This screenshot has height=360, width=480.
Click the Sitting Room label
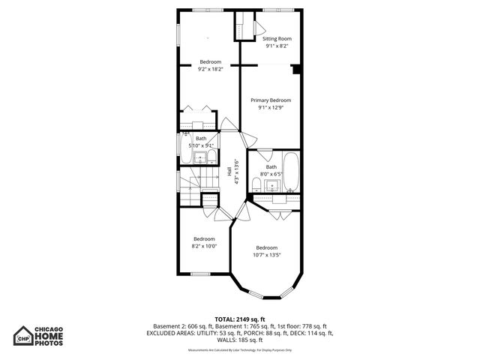[x=277, y=38]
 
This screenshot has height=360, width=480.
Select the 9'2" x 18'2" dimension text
[x=210, y=69]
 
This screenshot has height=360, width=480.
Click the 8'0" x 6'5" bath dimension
[x=271, y=174]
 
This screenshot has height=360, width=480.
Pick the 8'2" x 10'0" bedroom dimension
[x=204, y=246]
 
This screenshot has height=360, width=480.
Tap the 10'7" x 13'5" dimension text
[x=267, y=254]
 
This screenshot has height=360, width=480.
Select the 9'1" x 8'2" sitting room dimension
[x=277, y=46]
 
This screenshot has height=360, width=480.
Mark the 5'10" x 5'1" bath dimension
[x=201, y=145]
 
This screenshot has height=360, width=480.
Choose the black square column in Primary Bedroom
[x=297, y=70]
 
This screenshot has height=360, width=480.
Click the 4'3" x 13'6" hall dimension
[x=236, y=173]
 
